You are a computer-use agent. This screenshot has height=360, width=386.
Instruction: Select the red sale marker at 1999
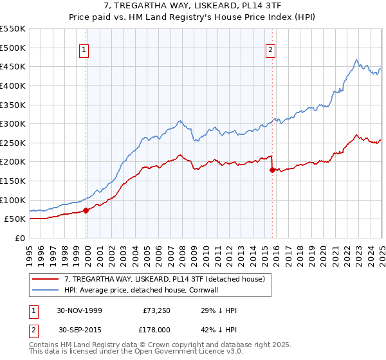[86, 210]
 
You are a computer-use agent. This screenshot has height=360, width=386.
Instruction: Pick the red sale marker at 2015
[272, 170]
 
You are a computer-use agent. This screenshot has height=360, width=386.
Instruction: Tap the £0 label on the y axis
[21, 238]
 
